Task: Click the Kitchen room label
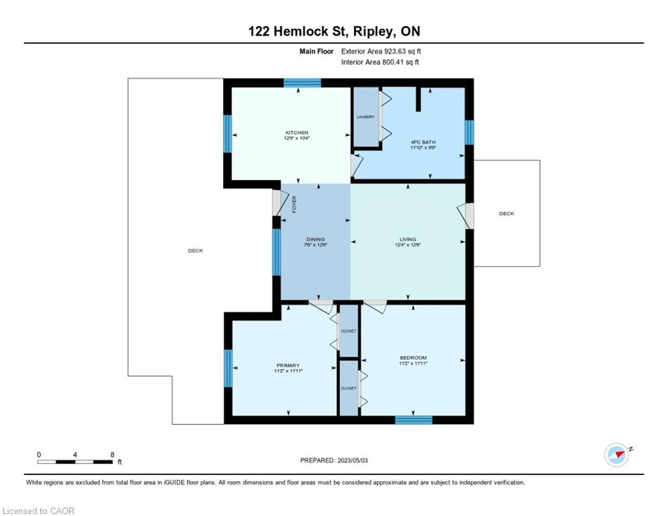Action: click(297, 132)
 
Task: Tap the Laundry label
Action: click(366, 117)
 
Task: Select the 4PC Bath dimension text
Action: click(423, 148)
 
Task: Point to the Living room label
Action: click(408, 239)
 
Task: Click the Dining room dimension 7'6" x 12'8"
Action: click(316, 245)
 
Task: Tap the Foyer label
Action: click(294, 204)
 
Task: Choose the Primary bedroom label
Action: click(288, 365)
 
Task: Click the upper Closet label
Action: click(349, 331)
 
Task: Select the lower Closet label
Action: click(349, 388)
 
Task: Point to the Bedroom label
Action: click(413, 357)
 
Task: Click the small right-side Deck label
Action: click(507, 214)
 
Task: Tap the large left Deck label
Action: click(196, 251)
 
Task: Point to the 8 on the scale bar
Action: click(112, 455)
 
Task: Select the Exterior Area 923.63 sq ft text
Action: click(381, 51)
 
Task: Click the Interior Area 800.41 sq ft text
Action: click(380, 62)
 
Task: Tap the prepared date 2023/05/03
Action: click(353, 460)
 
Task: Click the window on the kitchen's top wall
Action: click(302, 83)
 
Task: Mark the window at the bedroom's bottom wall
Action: click(414, 420)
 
